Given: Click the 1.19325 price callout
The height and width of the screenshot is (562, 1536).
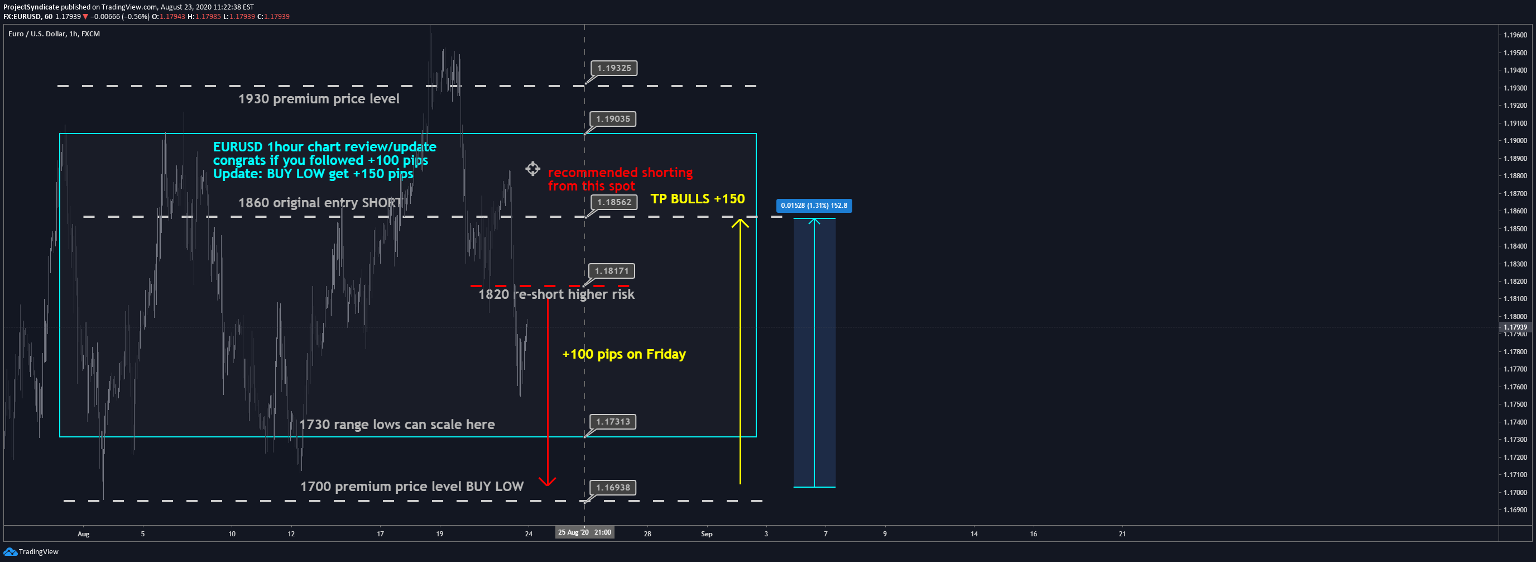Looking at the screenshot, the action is (613, 68).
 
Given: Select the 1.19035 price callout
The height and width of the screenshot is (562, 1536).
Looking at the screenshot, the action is (612, 119).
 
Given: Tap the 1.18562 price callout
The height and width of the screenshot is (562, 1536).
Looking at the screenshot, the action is (613, 202).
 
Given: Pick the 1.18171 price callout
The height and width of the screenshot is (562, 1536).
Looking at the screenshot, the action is (611, 271).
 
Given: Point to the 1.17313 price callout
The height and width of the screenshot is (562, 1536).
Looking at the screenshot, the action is (612, 422).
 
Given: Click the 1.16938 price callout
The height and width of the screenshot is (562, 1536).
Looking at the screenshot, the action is (612, 488).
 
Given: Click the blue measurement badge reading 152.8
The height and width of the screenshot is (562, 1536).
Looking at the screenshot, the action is (813, 206).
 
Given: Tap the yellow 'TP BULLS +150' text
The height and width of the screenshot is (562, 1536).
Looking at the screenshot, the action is (697, 199).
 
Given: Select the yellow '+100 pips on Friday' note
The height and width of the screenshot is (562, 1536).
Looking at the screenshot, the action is (623, 354).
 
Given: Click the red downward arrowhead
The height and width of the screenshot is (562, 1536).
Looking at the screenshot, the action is (547, 481).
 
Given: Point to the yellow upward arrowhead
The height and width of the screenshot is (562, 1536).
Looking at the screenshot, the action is (740, 223).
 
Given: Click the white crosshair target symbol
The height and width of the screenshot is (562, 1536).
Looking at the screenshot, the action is (532, 169).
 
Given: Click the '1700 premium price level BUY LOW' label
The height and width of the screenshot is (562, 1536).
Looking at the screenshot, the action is (411, 487).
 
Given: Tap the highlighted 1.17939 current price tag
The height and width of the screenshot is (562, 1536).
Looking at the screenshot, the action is (1515, 327).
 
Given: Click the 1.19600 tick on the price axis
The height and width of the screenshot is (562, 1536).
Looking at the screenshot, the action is (1515, 35).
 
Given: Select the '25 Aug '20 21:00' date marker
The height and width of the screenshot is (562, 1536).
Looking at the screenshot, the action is (584, 532).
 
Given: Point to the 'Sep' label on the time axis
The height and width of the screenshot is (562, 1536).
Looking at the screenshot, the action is (706, 534).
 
